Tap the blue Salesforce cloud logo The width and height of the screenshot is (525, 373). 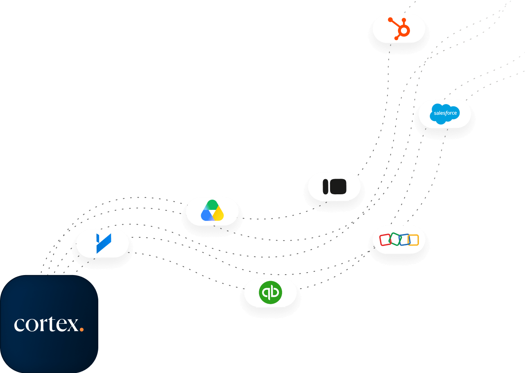pos(445,114)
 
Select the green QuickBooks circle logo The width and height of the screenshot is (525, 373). pos(270,292)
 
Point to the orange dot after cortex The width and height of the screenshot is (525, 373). pos(81,330)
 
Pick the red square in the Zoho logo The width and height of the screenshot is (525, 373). pos(385,240)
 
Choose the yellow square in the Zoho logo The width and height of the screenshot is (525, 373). pos(414,240)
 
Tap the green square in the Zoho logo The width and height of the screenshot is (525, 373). pos(395,239)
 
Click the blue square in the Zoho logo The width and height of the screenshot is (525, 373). pos(405,239)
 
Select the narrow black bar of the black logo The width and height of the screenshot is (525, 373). pos(325,187)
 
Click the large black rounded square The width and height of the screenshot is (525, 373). pos(338,186)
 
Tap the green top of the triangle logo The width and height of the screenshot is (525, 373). pos(212,205)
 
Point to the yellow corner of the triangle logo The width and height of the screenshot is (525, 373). pos(219,214)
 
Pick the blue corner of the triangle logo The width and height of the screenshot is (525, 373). pos(206,215)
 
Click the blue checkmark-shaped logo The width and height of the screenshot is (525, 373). pos(104,243)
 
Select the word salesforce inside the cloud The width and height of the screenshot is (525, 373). pos(445,113)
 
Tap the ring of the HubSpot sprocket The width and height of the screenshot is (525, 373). pos(404,30)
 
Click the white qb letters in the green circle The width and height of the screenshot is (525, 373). pos(270,293)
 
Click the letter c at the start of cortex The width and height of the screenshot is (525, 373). pos(19,325)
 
